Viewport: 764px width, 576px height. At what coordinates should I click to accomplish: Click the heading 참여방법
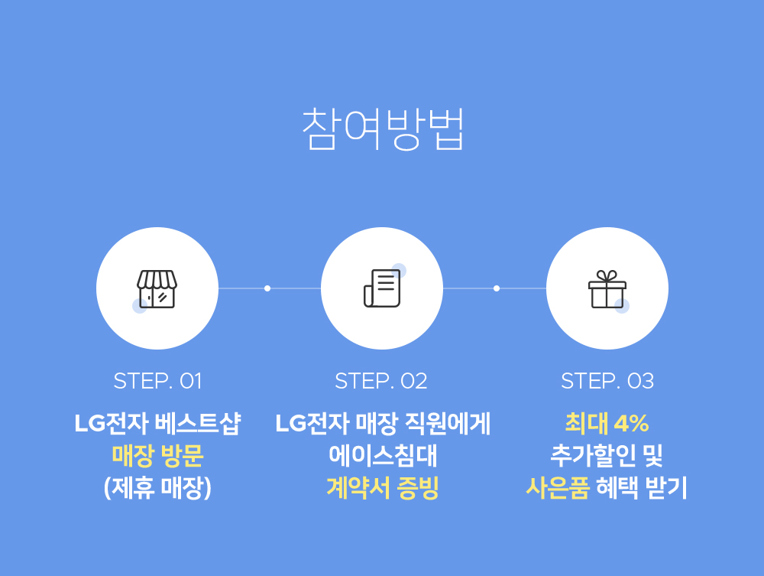click(383, 129)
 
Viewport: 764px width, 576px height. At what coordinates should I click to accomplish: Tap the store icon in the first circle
click(157, 289)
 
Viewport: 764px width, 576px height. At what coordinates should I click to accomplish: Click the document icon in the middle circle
click(383, 288)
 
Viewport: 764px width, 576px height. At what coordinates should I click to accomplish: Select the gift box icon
click(607, 289)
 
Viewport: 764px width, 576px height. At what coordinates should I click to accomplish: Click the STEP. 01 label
click(157, 381)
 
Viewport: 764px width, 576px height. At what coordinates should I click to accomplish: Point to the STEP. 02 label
click(381, 381)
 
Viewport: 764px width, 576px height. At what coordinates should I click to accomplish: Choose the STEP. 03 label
click(607, 381)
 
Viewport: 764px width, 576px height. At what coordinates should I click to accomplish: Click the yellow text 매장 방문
click(157, 456)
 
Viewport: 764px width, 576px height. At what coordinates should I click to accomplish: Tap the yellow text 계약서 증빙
click(383, 488)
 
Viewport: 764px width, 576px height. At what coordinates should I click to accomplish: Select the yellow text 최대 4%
click(607, 423)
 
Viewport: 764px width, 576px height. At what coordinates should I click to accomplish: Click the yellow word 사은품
click(558, 488)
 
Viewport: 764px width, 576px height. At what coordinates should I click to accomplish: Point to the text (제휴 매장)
click(157, 488)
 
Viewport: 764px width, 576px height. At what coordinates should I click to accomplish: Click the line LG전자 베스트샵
click(157, 423)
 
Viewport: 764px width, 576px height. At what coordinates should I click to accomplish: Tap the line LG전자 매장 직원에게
click(383, 423)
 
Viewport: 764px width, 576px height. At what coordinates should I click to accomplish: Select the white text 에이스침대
click(383, 456)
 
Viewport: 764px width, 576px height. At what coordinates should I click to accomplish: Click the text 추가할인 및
click(607, 456)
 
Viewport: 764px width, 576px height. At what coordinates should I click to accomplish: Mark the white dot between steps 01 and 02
click(267, 288)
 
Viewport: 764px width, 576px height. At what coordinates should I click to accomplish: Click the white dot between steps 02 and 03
click(496, 288)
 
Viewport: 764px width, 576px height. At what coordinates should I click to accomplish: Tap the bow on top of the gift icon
click(607, 276)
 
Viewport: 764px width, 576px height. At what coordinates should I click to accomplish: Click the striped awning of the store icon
click(157, 279)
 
